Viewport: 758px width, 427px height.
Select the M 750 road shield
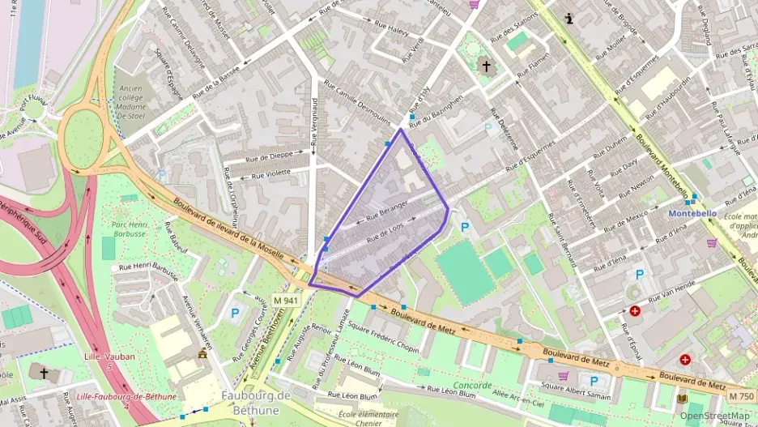[741, 396]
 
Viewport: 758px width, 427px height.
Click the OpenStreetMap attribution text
[714, 416]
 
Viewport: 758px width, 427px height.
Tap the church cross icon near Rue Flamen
[486, 66]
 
